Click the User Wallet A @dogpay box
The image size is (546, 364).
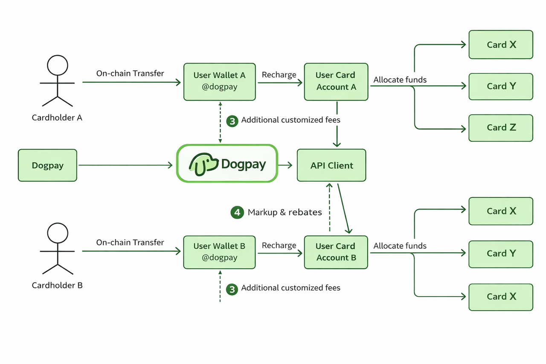click(220, 82)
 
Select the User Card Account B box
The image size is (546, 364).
click(336, 252)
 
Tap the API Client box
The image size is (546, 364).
click(331, 165)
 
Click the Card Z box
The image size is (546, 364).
click(501, 128)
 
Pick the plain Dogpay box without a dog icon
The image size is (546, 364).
click(47, 165)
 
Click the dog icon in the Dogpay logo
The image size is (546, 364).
click(204, 164)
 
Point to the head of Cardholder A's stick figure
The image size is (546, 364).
click(58, 65)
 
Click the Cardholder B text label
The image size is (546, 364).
click(57, 285)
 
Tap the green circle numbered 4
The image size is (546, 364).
click(237, 213)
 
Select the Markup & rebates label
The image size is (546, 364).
click(285, 213)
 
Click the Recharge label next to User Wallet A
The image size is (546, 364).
click(279, 75)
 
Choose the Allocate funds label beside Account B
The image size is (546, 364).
click(400, 246)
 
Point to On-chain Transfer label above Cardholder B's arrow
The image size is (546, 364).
click(130, 242)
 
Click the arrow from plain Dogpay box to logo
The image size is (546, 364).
click(125, 165)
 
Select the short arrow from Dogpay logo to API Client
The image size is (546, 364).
click(285, 165)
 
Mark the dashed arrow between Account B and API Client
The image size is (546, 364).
click(330, 207)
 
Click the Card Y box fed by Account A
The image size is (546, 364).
click(501, 87)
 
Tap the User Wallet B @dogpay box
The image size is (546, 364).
click(219, 252)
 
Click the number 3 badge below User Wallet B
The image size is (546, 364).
click(232, 289)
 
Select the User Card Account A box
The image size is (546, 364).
click(336, 82)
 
